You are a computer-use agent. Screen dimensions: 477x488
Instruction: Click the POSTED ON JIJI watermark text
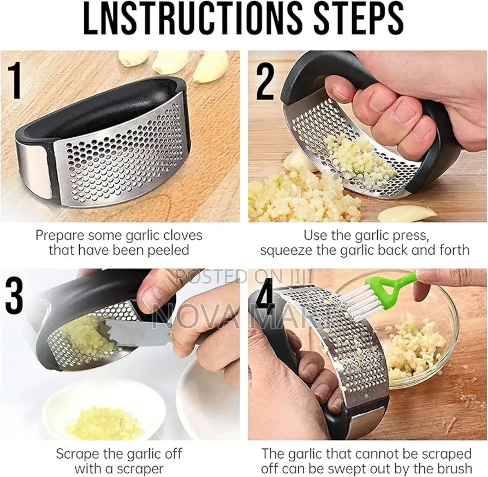[x=244, y=276]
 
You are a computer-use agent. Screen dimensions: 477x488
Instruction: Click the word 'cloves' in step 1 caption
[x=183, y=235]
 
